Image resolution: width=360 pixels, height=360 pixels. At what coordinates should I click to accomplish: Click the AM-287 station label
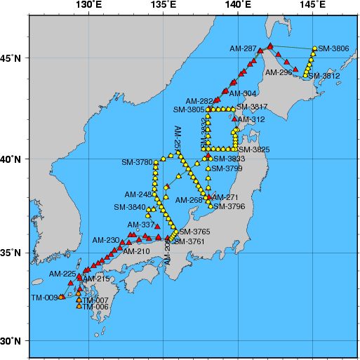[x=244, y=49]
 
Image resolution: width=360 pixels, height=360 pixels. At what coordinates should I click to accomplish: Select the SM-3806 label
[x=333, y=48]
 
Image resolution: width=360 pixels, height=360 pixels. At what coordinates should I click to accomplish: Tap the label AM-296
[x=279, y=72]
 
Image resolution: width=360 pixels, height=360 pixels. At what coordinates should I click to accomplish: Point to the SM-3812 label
[x=324, y=76]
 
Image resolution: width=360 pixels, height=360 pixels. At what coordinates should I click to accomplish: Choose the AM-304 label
[x=244, y=93]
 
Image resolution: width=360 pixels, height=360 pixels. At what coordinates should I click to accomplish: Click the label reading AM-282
[x=199, y=101]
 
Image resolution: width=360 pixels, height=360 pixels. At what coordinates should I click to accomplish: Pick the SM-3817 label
[x=252, y=107]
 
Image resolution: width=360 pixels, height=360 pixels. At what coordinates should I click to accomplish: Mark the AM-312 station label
[x=251, y=120]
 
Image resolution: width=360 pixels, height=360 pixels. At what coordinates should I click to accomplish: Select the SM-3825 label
[x=254, y=149]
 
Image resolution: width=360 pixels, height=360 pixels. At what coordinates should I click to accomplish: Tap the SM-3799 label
[x=227, y=168]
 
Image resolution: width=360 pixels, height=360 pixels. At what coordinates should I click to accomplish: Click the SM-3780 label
[x=137, y=163]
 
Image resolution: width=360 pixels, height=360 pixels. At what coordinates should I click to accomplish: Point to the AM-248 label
[x=138, y=194]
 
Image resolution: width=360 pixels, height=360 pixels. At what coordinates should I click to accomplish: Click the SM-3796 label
[x=229, y=206]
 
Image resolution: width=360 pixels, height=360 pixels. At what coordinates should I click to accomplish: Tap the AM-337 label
[x=143, y=225]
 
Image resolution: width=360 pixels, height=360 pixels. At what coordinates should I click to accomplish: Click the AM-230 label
[x=107, y=240]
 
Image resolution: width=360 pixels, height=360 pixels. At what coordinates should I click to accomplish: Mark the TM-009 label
[x=44, y=298]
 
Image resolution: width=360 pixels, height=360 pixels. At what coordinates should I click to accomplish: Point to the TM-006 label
[x=96, y=307]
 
